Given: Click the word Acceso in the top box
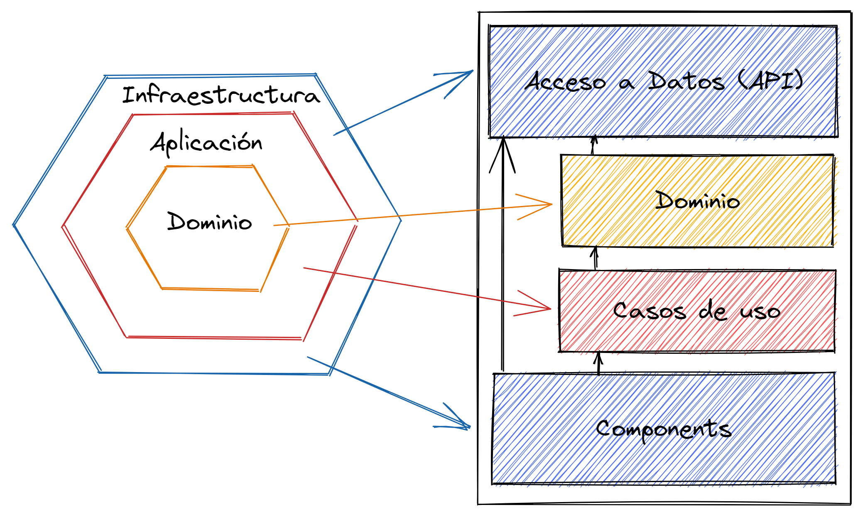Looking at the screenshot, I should pos(566,82).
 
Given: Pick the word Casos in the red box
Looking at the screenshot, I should pos(649,311).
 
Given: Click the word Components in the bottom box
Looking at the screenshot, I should pos(664,429).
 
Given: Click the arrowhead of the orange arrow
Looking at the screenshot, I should pos(552,204).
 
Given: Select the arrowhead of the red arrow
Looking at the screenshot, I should pos(551,309).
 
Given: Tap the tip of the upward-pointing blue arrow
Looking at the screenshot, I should pos(473,71).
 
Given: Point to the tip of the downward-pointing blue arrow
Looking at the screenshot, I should pos(470,427).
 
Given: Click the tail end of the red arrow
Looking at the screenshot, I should pos(304,268).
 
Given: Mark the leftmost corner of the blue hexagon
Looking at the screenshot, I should pos(13,225).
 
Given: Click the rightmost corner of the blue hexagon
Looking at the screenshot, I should pos(401,220).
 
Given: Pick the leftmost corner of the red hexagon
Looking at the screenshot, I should pos(62,227).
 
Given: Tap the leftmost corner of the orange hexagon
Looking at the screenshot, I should pos(127,228).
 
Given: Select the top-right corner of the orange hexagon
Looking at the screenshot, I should pos(253,166).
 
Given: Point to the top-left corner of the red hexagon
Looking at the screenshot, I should pos(133,115).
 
